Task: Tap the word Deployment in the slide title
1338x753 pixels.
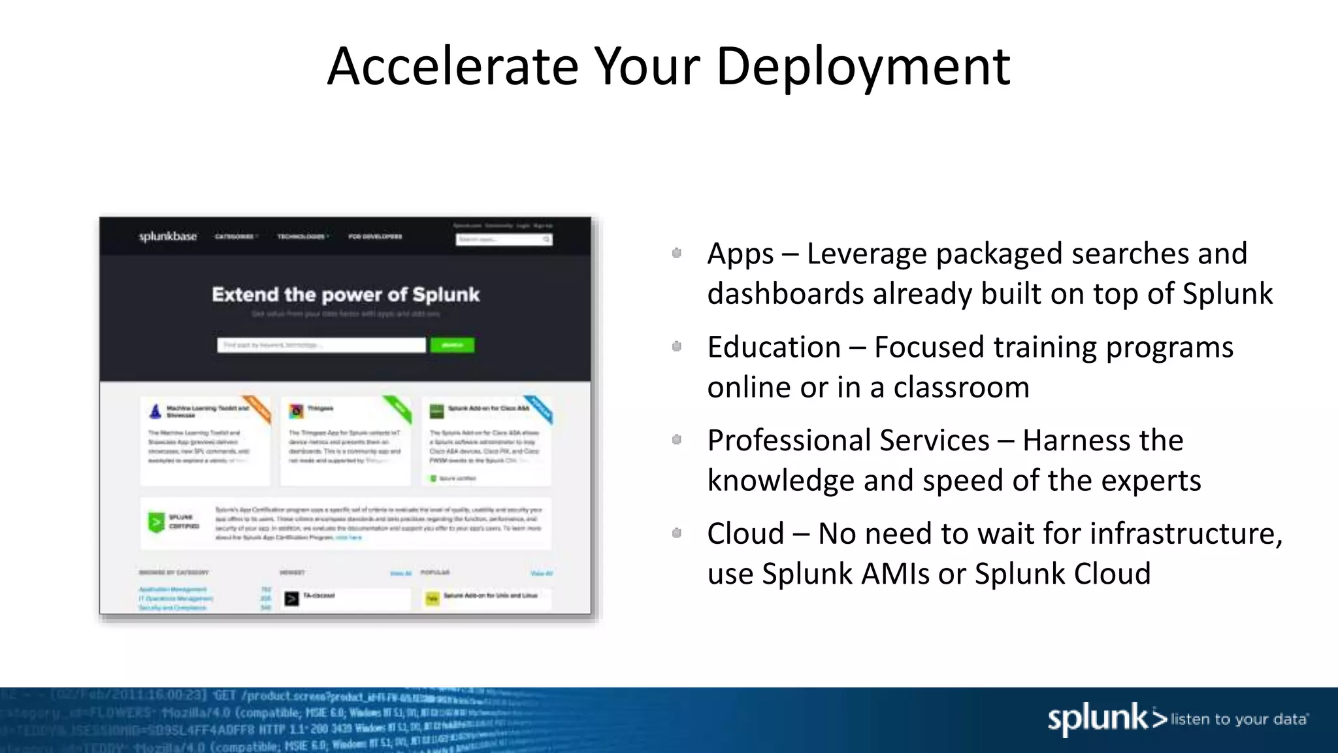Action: click(x=863, y=67)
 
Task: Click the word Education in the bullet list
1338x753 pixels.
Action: click(x=774, y=347)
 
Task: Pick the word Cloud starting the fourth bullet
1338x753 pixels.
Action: click(x=745, y=533)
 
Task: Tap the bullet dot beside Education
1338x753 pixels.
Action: click(x=677, y=346)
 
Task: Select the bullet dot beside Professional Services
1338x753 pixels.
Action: click(x=677, y=440)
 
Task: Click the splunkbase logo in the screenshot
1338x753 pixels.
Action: click(x=168, y=236)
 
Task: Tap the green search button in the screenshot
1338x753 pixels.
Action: click(x=452, y=344)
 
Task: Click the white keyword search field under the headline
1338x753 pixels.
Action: click(x=321, y=344)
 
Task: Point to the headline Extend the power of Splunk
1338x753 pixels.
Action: click(x=346, y=295)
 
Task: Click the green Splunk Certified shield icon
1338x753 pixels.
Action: click(x=156, y=522)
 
